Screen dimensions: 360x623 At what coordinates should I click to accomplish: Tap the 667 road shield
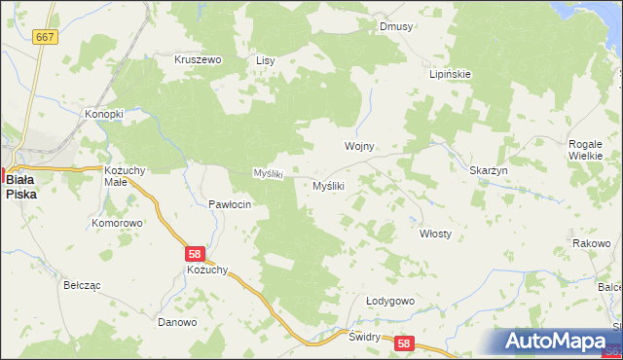click(x=44, y=36)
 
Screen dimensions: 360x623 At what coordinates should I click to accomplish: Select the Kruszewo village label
click(x=199, y=59)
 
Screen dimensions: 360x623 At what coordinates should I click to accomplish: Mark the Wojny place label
click(x=359, y=146)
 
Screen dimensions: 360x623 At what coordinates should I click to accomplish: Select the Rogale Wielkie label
click(x=586, y=150)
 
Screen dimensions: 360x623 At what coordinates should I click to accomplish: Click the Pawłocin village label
click(x=231, y=204)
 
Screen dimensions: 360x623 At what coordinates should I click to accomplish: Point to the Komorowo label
click(x=117, y=223)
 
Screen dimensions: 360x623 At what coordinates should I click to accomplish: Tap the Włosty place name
click(x=435, y=234)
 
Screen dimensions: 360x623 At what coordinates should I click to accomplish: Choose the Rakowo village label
click(x=591, y=242)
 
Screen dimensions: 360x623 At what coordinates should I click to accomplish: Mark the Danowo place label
click(x=177, y=322)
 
